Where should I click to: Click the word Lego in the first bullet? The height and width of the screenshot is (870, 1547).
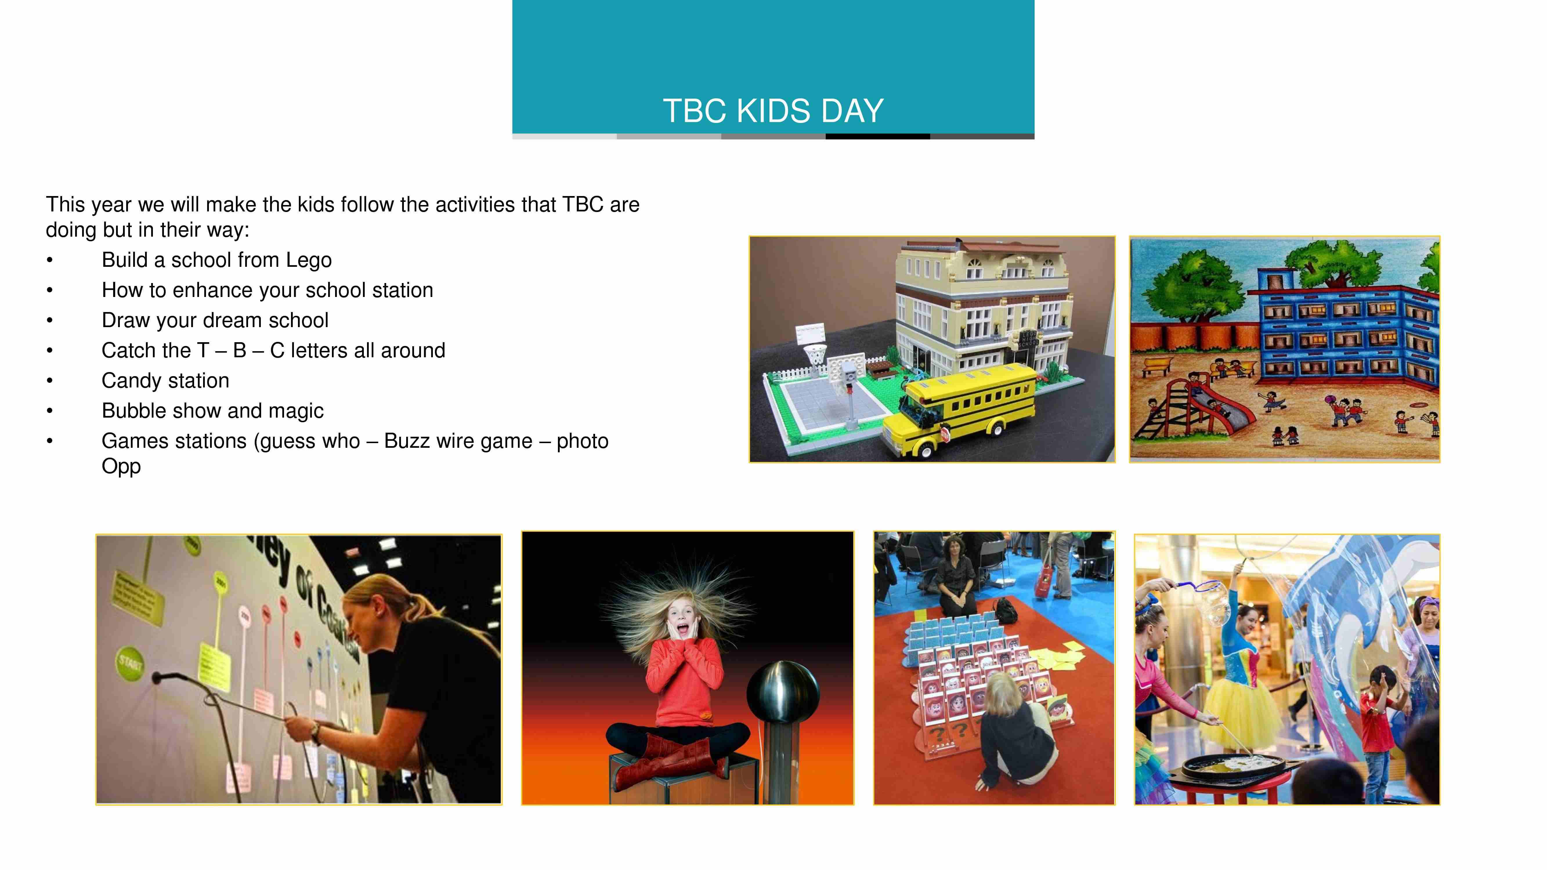pos(309,260)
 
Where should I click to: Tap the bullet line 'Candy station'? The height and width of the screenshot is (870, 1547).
pos(165,381)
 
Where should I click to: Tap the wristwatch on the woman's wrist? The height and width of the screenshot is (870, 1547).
pos(315,731)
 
